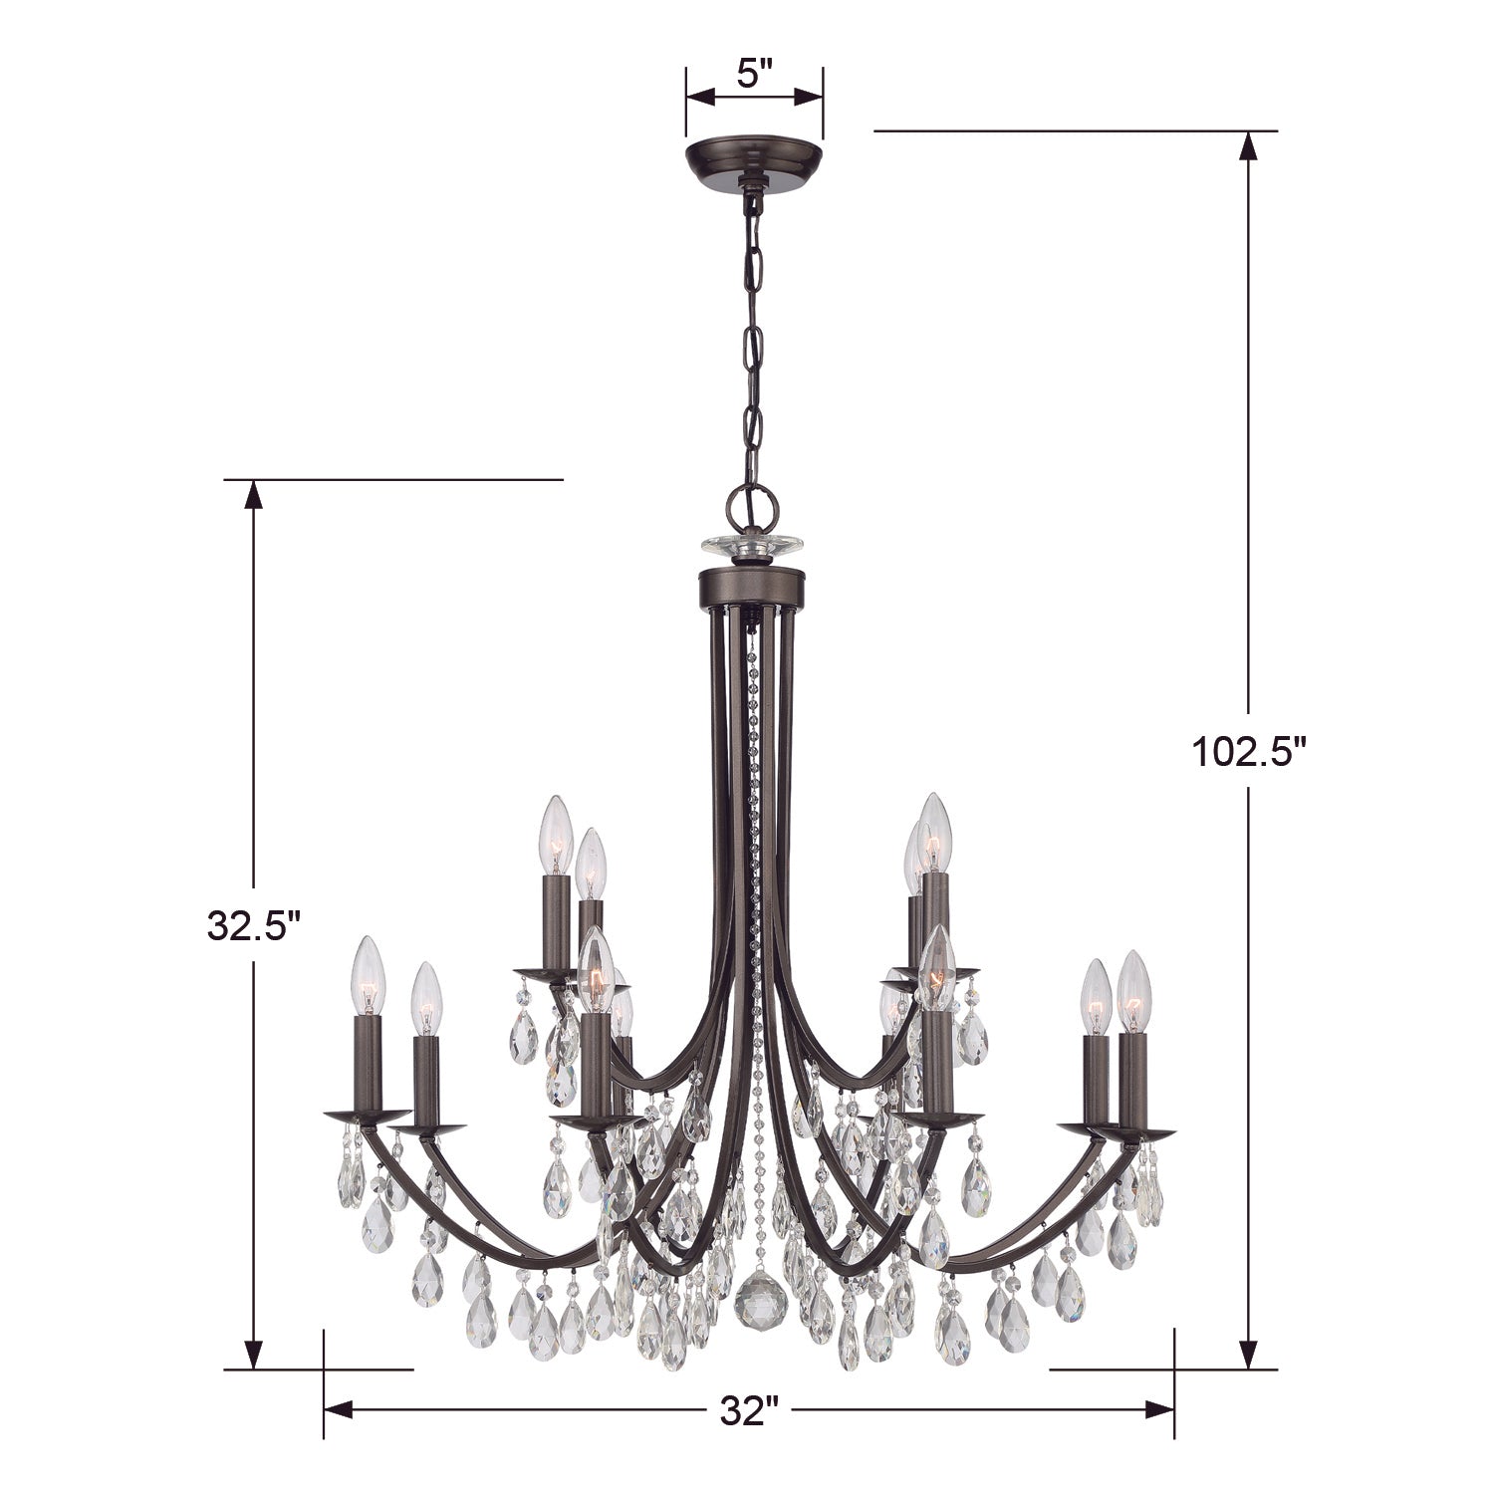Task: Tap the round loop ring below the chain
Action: click(753, 508)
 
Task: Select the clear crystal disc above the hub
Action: click(753, 545)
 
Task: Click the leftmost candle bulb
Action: click(368, 977)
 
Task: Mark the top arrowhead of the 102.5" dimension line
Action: click(1248, 146)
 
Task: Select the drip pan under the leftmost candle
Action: click(368, 1116)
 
